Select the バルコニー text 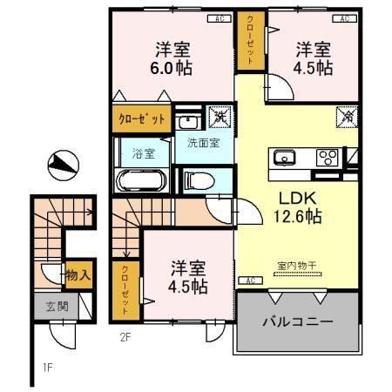click(298, 322)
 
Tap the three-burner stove click(328, 158)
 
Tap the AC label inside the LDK click(249, 280)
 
